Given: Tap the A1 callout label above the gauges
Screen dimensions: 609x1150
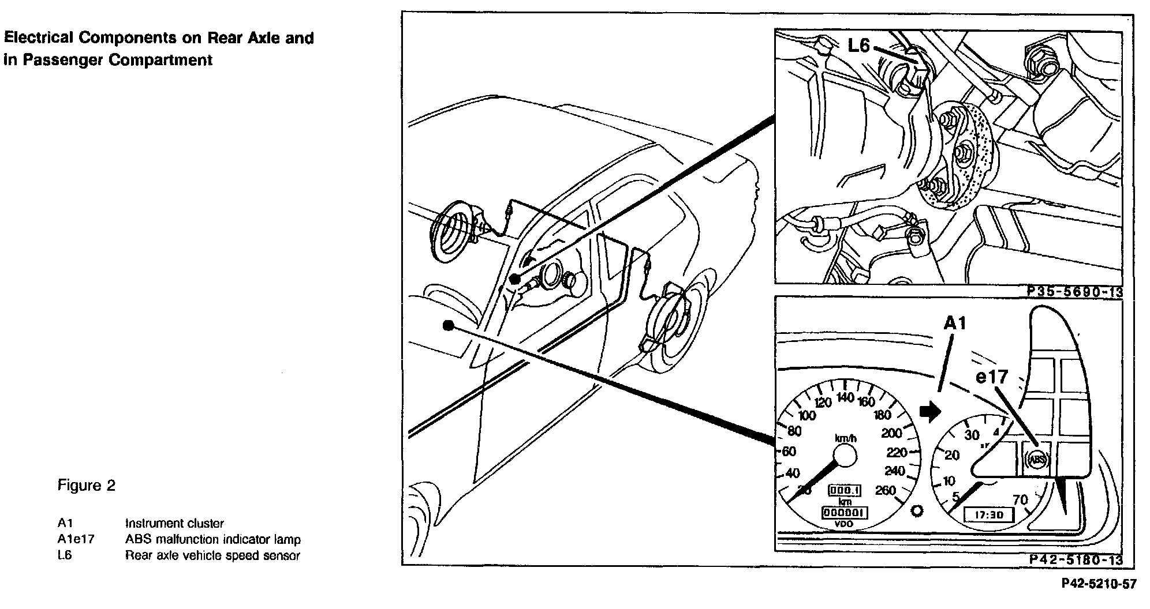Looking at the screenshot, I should click(x=955, y=324).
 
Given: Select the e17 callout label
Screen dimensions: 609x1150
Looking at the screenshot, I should click(x=991, y=377).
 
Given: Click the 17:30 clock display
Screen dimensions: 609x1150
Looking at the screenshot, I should click(x=981, y=515).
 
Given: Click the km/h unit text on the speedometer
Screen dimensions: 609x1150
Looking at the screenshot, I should click(x=846, y=438).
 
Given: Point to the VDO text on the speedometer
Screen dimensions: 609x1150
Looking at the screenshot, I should click(x=845, y=524).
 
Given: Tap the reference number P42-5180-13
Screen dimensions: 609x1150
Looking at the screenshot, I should click(x=1075, y=560).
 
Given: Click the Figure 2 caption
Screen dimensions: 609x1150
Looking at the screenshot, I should click(x=86, y=486).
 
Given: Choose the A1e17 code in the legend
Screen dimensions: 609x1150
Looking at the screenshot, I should click(x=76, y=540).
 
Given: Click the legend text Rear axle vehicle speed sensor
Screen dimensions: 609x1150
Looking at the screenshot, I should click(x=212, y=556).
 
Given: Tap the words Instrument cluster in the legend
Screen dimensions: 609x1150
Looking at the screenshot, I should click(x=174, y=524).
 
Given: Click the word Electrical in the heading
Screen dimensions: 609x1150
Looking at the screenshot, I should click(x=38, y=39).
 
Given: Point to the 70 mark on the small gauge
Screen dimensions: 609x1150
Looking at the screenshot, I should click(x=1020, y=499).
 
